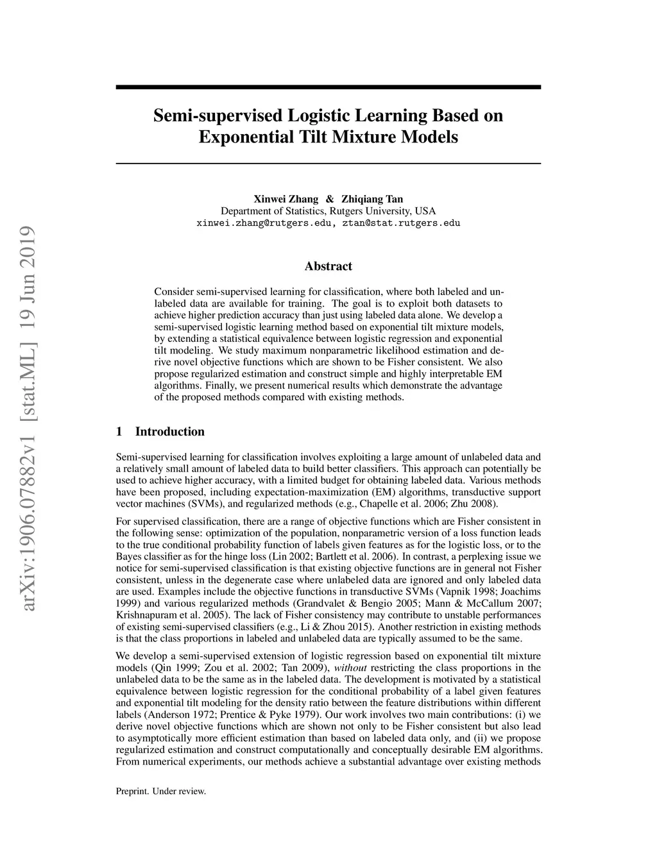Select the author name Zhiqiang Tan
click(372, 199)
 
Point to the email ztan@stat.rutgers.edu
click(401, 223)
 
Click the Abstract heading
click(328, 266)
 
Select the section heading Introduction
click(169, 432)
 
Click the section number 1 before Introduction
click(119, 432)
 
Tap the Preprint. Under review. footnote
click(160, 791)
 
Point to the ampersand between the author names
click(330, 199)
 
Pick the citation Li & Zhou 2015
click(348, 626)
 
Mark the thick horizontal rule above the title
click(328, 87)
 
